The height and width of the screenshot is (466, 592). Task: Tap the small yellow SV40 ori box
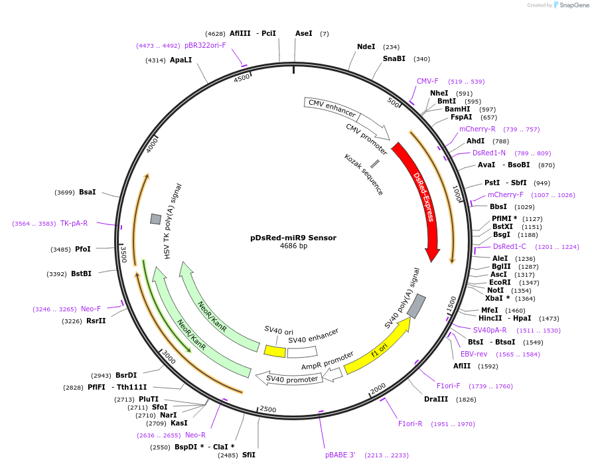[275, 350]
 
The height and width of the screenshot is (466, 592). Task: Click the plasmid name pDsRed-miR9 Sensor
[293, 238]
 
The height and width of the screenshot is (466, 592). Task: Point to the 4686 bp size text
[293, 246]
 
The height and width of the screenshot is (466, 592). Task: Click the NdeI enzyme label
[366, 47]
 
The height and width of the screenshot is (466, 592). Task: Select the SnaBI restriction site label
[394, 58]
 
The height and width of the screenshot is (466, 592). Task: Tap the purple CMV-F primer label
[427, 81]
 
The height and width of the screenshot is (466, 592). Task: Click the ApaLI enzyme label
[181, 60]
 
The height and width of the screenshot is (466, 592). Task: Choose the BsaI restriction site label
[88, 192]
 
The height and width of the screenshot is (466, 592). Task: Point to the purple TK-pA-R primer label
[74, 223]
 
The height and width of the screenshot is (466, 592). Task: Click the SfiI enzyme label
[249, 455]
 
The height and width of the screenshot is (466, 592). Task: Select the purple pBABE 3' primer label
[340, 455]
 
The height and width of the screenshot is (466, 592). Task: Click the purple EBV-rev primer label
[474, 354]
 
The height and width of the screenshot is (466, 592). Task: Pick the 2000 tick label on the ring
[378, 388]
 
